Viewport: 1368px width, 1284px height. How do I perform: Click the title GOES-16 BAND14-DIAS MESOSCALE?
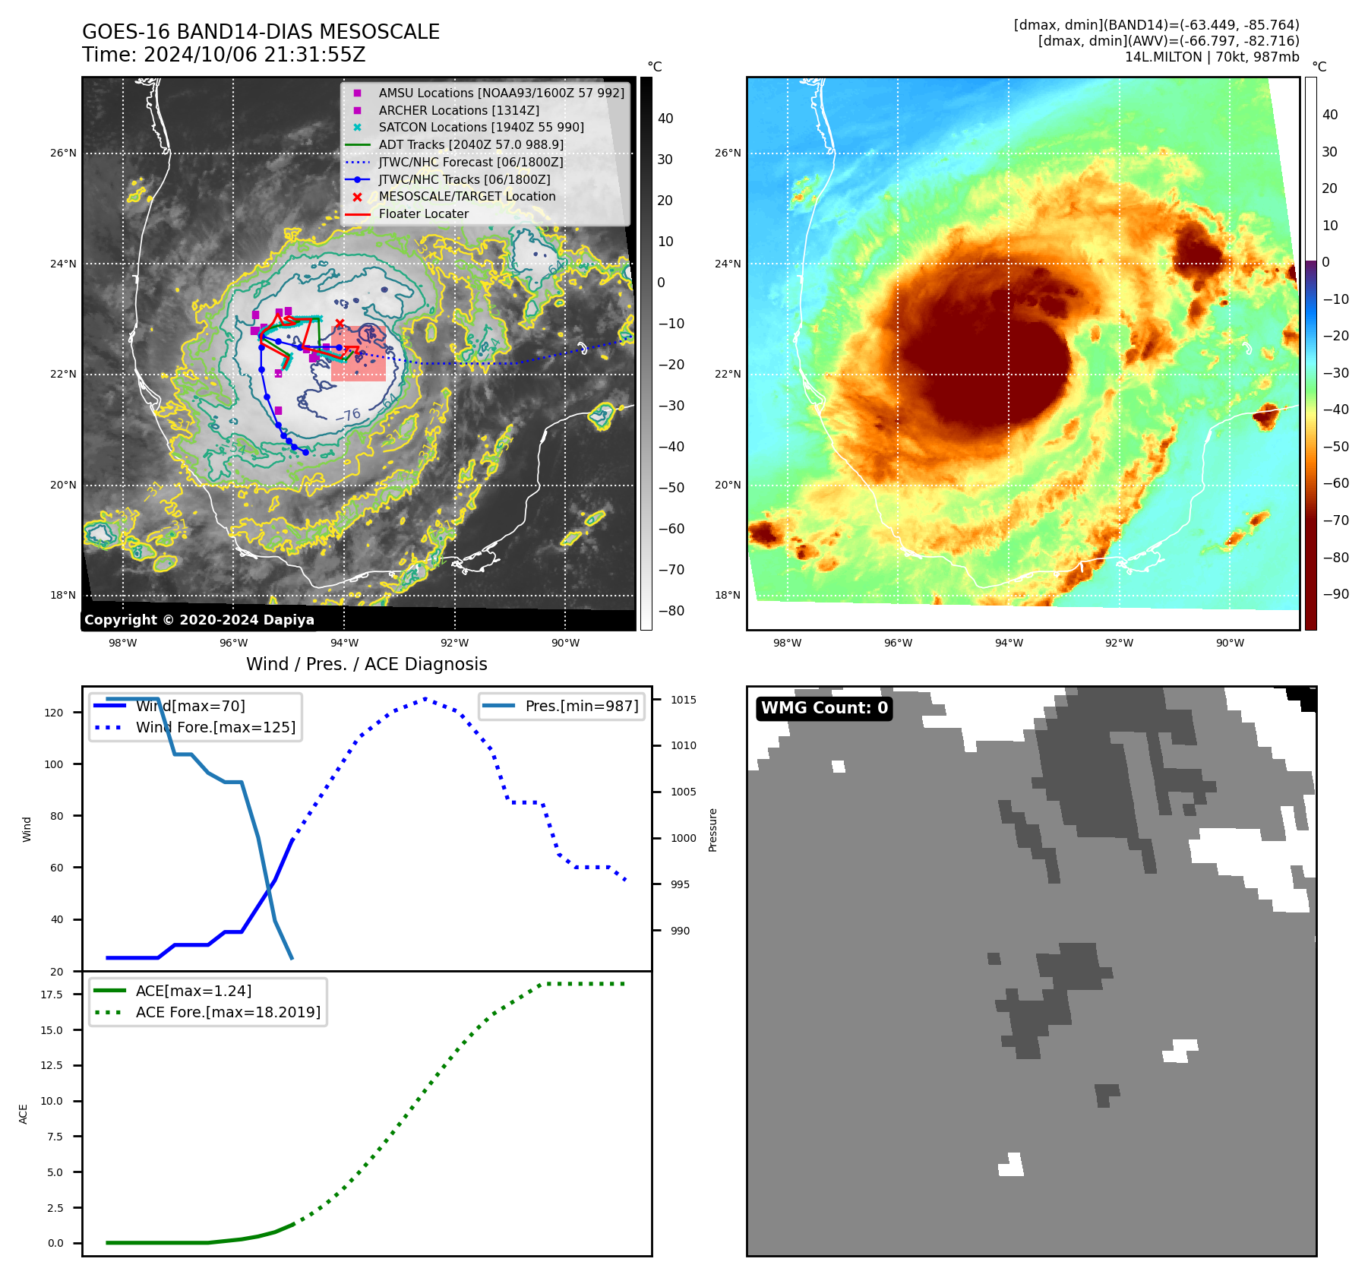click(x=261, y=32)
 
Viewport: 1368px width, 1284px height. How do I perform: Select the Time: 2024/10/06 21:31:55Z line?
click(x=224, y=55)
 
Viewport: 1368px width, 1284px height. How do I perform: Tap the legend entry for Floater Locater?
click(x=423, y=214)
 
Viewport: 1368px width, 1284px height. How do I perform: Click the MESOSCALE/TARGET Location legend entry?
click(x=466, y=197)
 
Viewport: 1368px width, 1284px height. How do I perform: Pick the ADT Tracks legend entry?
click(x=470, y=145)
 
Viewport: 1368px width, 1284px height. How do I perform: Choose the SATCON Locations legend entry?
click(x=481, y=128)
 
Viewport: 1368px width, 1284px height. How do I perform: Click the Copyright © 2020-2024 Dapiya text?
click(x=199, y=620)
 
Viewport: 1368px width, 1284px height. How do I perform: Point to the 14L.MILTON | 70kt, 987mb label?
click(x=1212, y=57)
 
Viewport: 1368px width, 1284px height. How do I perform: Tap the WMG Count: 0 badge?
click(x=824, y=708)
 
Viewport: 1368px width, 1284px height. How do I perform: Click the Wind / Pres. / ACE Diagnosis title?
click(x=366, y=664)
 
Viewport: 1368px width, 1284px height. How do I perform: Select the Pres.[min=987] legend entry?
click(x=581, y=707)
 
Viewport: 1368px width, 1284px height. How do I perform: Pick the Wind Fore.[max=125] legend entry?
click(x=215, y=728)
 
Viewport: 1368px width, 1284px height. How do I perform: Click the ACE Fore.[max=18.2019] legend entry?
click(x=227, y=1013)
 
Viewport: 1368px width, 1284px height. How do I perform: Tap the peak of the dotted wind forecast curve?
click(x=425, y=699)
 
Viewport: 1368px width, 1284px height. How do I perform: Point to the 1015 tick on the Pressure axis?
click(x=683, y=700)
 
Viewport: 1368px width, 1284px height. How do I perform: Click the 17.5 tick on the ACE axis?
click(x=52, y=995)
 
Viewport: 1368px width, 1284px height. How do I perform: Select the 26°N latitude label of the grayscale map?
click(x=63, y=153)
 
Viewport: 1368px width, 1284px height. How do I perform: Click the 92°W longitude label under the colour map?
click(x=1119, y=644)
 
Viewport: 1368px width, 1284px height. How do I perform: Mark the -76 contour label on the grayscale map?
click(x=349, y=415)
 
